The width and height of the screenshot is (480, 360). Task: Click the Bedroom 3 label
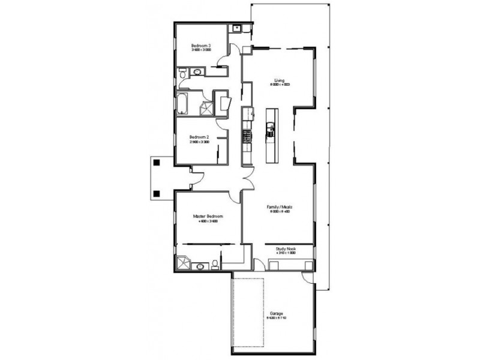click(x=200, y=46)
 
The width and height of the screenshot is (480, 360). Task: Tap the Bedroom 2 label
click(x=200, y=136)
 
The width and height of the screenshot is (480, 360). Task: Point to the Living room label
click(x=279, y=80)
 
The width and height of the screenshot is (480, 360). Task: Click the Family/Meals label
click(x=280, y=207)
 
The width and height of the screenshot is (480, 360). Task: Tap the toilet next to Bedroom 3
click(x=182, y=73)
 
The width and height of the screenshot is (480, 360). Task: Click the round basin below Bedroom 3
click(x=196, y=73)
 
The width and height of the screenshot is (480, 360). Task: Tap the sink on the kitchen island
click(x=271, y=127)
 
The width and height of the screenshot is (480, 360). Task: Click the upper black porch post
click(x=156, y=162)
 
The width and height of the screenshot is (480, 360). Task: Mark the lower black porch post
click(x=156, y=194)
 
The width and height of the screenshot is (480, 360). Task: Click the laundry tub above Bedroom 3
click(x=237, y=27)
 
